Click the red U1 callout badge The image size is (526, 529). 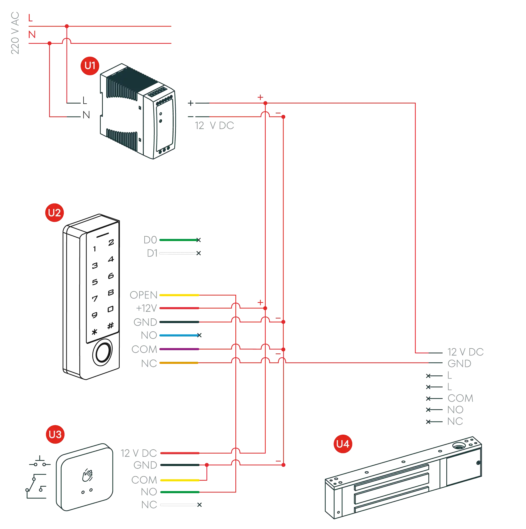(x=90, y=66)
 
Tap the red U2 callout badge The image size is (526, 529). (x=54, y=212)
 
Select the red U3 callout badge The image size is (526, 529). (x=55, y=434)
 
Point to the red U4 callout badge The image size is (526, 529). (x=343, y=444)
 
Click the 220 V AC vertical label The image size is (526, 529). (x=15, y=33)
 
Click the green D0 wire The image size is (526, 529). (x=178, y=240)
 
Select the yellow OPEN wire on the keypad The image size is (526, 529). (x=179, y=295)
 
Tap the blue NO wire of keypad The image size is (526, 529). (x=178, y=335)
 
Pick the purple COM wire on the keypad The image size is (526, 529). (x=179, y=349)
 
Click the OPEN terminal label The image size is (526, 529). (x=144, y=295)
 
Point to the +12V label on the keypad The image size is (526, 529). (x=146, y=308)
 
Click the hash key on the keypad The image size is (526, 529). (x=110, y=325)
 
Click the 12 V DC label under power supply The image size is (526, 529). (x=215, y=126)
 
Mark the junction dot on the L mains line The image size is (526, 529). (x=67, y=26)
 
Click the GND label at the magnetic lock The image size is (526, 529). (x=459, y=364)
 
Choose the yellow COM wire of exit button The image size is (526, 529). (x=179, y=480)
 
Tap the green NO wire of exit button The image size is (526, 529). (x=179, y=492)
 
